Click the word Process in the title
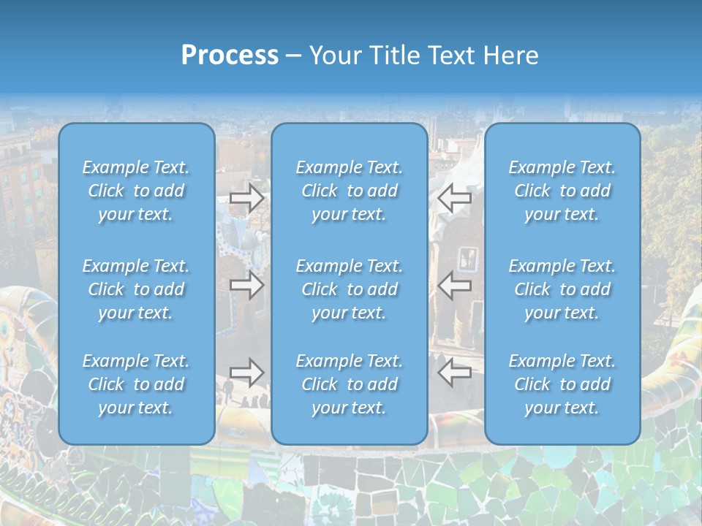tap(230, 56)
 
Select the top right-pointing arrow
tap(247, 198)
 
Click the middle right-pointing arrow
tap(247, 285)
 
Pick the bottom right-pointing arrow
tap(247, 372)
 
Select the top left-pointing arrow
tap(454, 198)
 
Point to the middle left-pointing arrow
tap(454, 285)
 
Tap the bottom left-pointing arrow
tap(454, 372)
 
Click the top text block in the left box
tap(136, 191)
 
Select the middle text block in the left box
tap(136, 289)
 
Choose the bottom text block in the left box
tap(136, 384)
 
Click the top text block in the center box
tap(350, 191)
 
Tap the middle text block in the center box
tap(350, 289)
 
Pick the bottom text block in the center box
tap(350, 384)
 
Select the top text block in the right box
tap(562, 191)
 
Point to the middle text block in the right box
tap(562, 289)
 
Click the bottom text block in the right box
tap(562, 384)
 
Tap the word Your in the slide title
tap(333, 56)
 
